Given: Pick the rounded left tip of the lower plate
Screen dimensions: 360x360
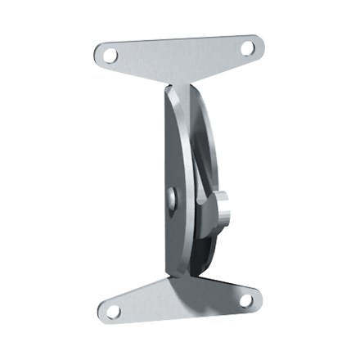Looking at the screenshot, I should tap(97, 312).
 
